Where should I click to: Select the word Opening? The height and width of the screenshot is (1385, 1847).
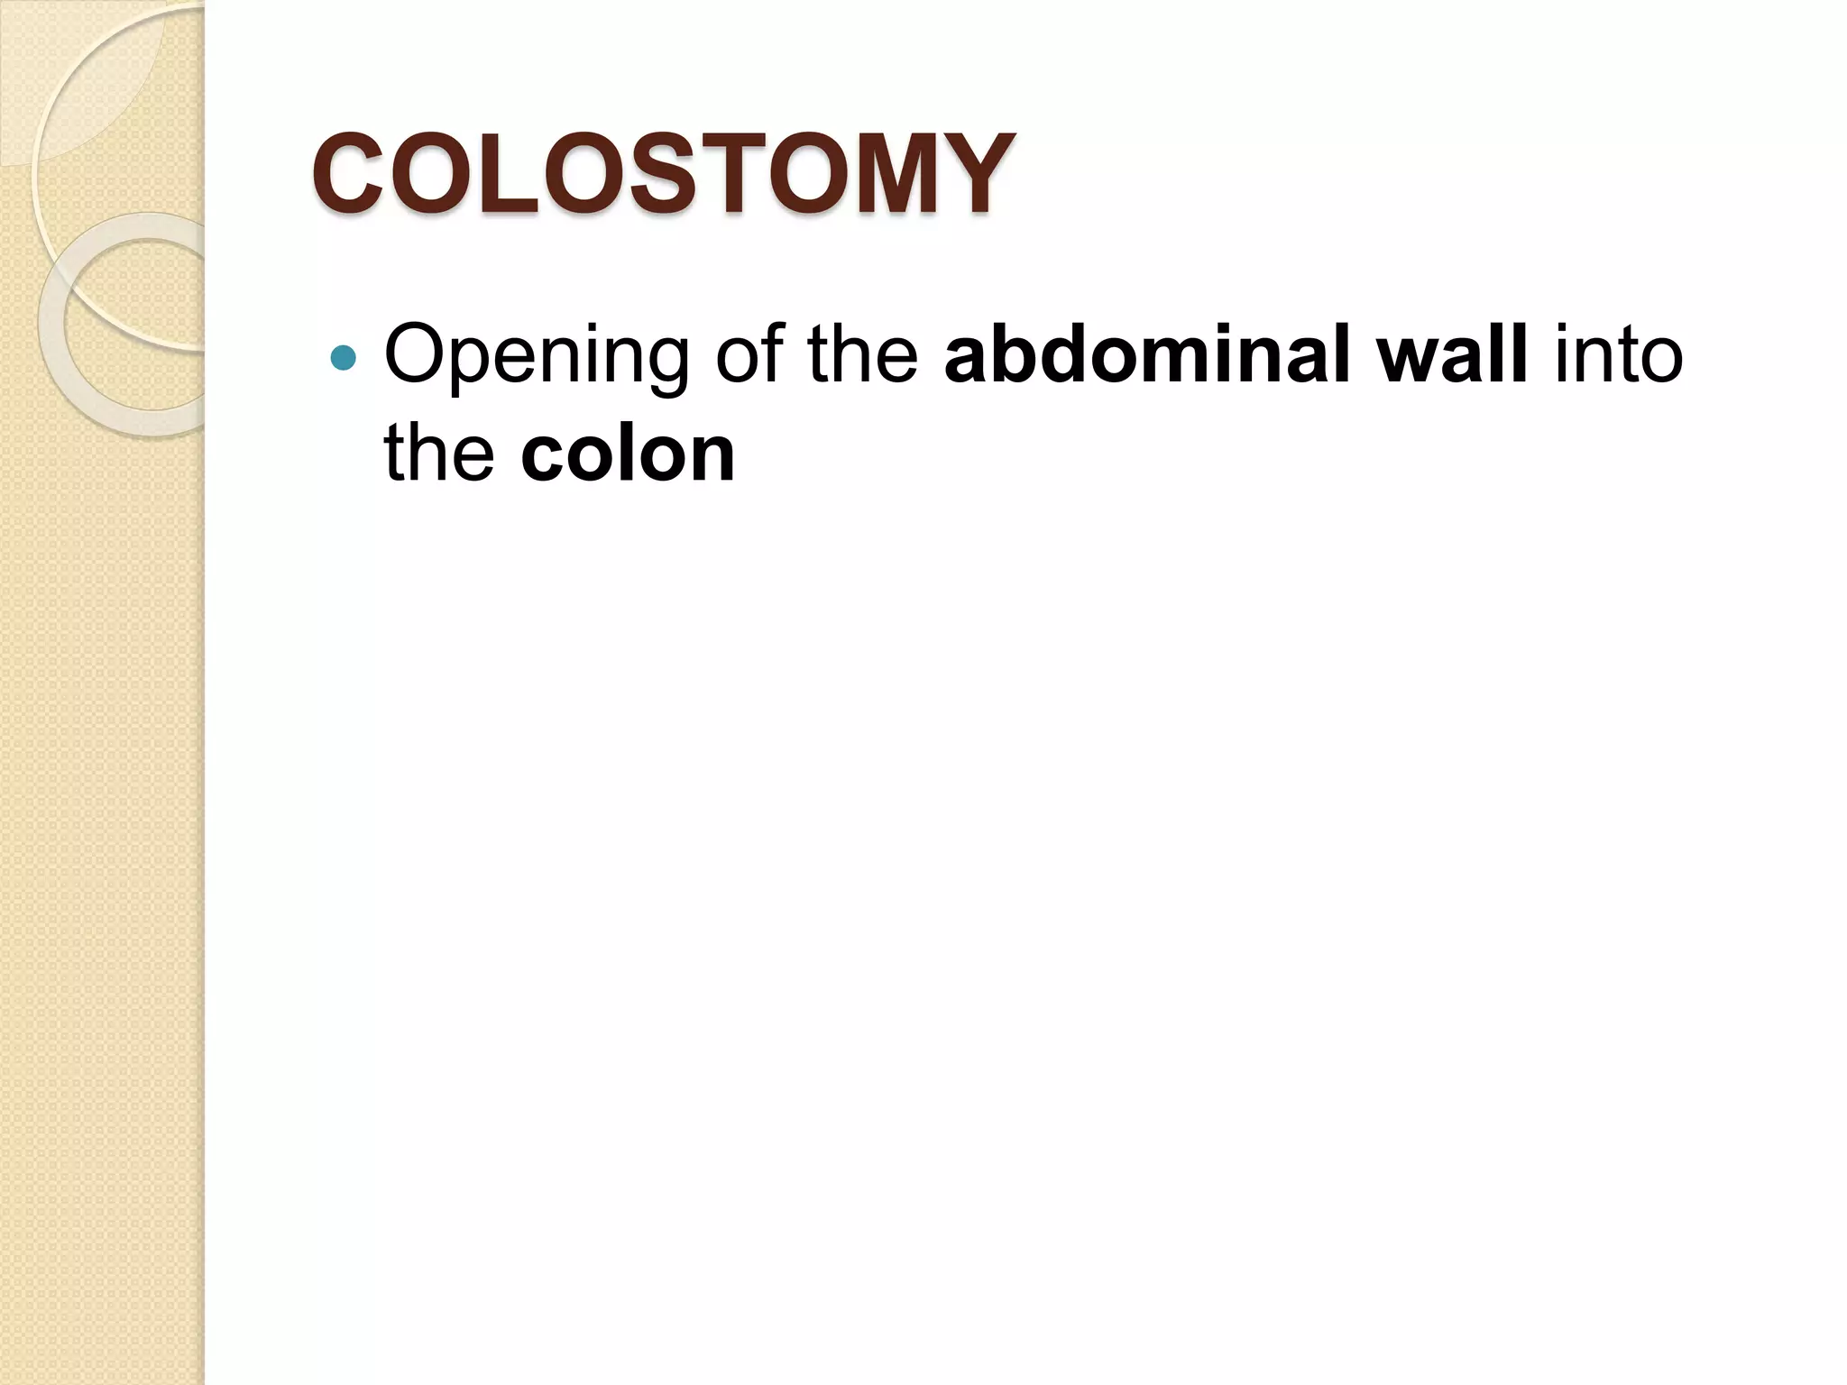coord(537,357)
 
